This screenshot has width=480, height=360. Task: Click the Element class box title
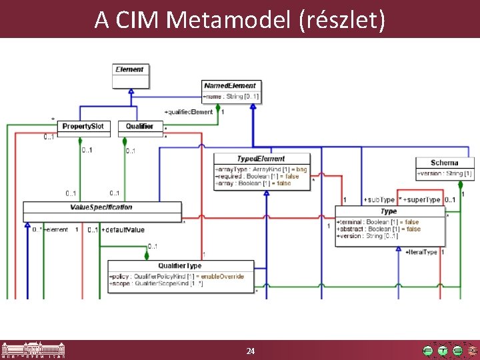click(x=129, y=69)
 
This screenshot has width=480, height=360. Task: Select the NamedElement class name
click(x=230, y=86)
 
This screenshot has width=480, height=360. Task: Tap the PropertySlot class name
click(x=83, y=125)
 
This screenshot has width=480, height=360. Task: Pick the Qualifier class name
click(x=139, y=125)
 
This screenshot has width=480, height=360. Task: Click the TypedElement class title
click(x=261, y=159)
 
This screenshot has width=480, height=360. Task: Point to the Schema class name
click(x=445, y=163)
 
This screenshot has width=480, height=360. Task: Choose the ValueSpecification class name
click(x=101, y=207)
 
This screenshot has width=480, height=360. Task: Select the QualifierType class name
click(x=180, y=265)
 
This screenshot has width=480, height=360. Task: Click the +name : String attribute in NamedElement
click(x=230, y=97)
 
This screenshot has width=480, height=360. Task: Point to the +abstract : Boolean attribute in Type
click(x=379, y=229)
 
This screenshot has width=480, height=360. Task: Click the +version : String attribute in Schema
click(x=445, y=173)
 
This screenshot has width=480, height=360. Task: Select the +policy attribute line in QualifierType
click(x=176, y=276)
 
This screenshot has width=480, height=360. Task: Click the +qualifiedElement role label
click(x=188, y=112)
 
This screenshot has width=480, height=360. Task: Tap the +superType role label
click(x=422, y=199)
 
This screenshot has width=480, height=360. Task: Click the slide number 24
click(x=251, y=351)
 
